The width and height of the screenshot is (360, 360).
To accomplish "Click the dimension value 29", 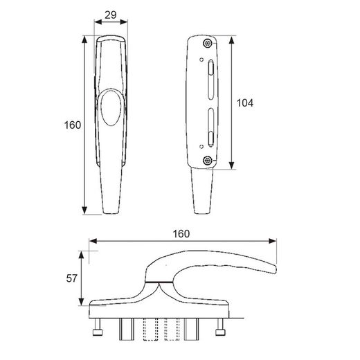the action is coord(111,15).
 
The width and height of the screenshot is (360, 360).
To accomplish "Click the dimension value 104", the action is coord(245,103).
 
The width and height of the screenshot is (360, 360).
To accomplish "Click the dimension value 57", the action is coord(71,278).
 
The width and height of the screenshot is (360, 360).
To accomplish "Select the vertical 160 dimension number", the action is coord(73,125).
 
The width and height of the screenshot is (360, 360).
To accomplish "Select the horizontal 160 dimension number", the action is coord(181,234).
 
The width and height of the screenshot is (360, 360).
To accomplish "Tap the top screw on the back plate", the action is coord(208,43).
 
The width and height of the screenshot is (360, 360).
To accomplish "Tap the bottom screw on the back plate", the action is coord(208,160).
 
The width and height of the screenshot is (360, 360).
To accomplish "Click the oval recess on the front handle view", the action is coord(111,108).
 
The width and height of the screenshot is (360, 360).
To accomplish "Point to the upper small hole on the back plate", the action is coord(201,60).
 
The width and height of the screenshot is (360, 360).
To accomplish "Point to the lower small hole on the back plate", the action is coord(201,147).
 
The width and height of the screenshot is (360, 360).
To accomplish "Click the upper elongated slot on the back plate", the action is coord(211,80).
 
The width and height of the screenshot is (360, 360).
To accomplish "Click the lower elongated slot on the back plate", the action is coord(211,127).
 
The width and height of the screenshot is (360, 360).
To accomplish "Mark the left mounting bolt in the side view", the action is coord(97,327).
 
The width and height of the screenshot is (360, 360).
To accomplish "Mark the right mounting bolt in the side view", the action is coord(220,327).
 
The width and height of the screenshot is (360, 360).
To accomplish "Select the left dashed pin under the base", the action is coord(151,330).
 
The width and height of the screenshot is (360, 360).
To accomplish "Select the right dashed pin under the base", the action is coord(172,330).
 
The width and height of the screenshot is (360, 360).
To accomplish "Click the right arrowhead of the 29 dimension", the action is coord(124,22).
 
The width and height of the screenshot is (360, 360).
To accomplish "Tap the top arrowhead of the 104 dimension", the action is coord(232,39).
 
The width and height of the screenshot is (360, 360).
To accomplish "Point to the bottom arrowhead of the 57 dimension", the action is coord(81,302).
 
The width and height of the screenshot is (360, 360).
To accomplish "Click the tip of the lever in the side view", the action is coord(276,269).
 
